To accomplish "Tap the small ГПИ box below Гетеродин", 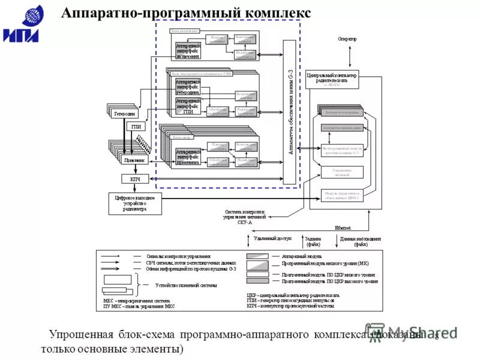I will pyautogui.click(x=136, y=127).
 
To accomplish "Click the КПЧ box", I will pyautogui.click(x=135, y=179).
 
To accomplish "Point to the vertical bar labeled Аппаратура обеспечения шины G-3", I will pyautogui.click(x=290, y=113).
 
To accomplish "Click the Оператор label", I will pyautogui.click(x=347, y=39).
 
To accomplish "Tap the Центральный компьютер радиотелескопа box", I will pyautogui.click(x=332, y=78).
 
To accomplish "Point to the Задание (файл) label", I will pyautogui.click(x=313, y=241).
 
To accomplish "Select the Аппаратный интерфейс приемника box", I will pyautogui.click(x=188, y=155).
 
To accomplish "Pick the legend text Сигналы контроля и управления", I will pyautogui.click(x=174, y=256).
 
